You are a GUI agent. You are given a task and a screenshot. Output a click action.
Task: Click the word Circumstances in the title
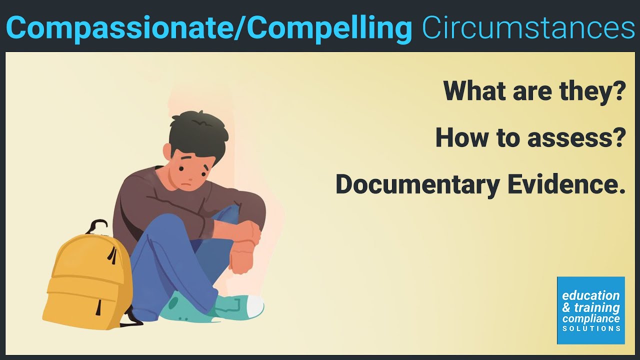(528, 28)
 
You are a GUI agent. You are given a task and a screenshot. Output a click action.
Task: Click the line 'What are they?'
(534, 90)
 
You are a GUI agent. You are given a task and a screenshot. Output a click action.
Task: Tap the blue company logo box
(590, 310)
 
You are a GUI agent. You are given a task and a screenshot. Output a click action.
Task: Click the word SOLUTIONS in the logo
(591, 328)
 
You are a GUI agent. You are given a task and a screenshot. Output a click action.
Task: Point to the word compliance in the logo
(591, 318)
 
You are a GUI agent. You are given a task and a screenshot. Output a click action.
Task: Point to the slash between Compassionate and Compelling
(239, 28)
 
